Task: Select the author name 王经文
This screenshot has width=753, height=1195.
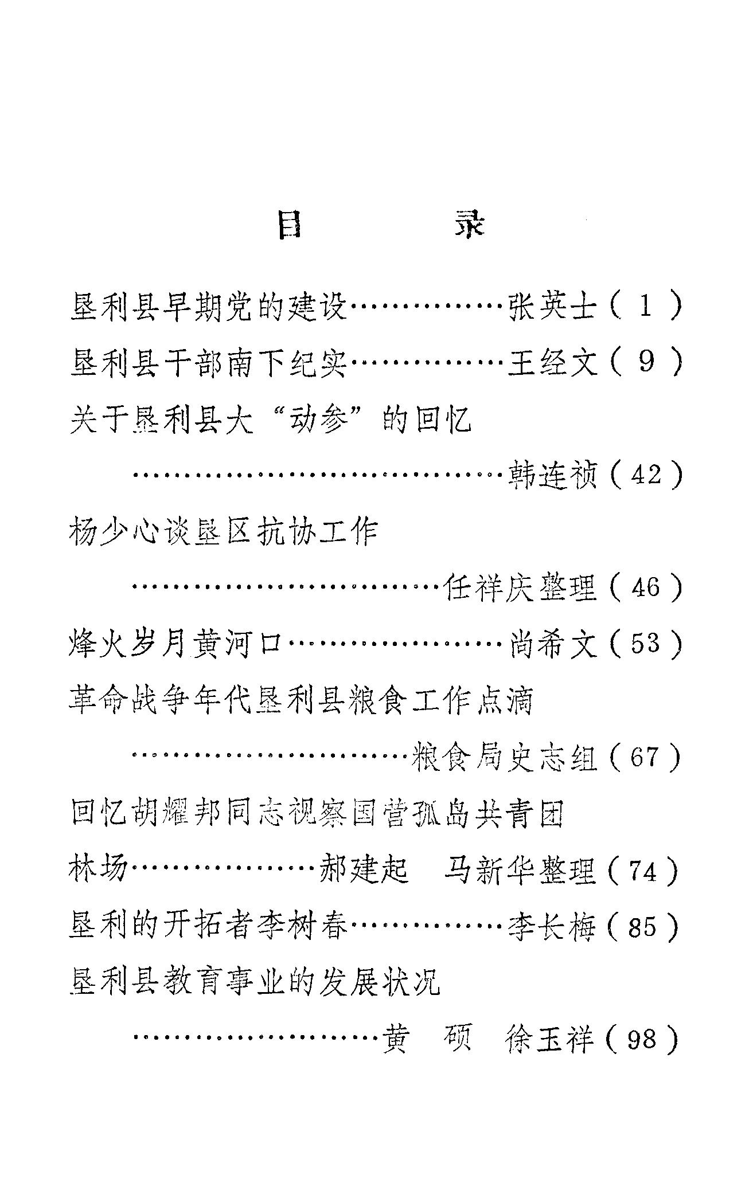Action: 553,363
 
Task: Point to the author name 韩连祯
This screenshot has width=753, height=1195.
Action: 553,475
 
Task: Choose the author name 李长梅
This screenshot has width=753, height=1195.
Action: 553,927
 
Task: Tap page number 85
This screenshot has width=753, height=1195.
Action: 643,927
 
